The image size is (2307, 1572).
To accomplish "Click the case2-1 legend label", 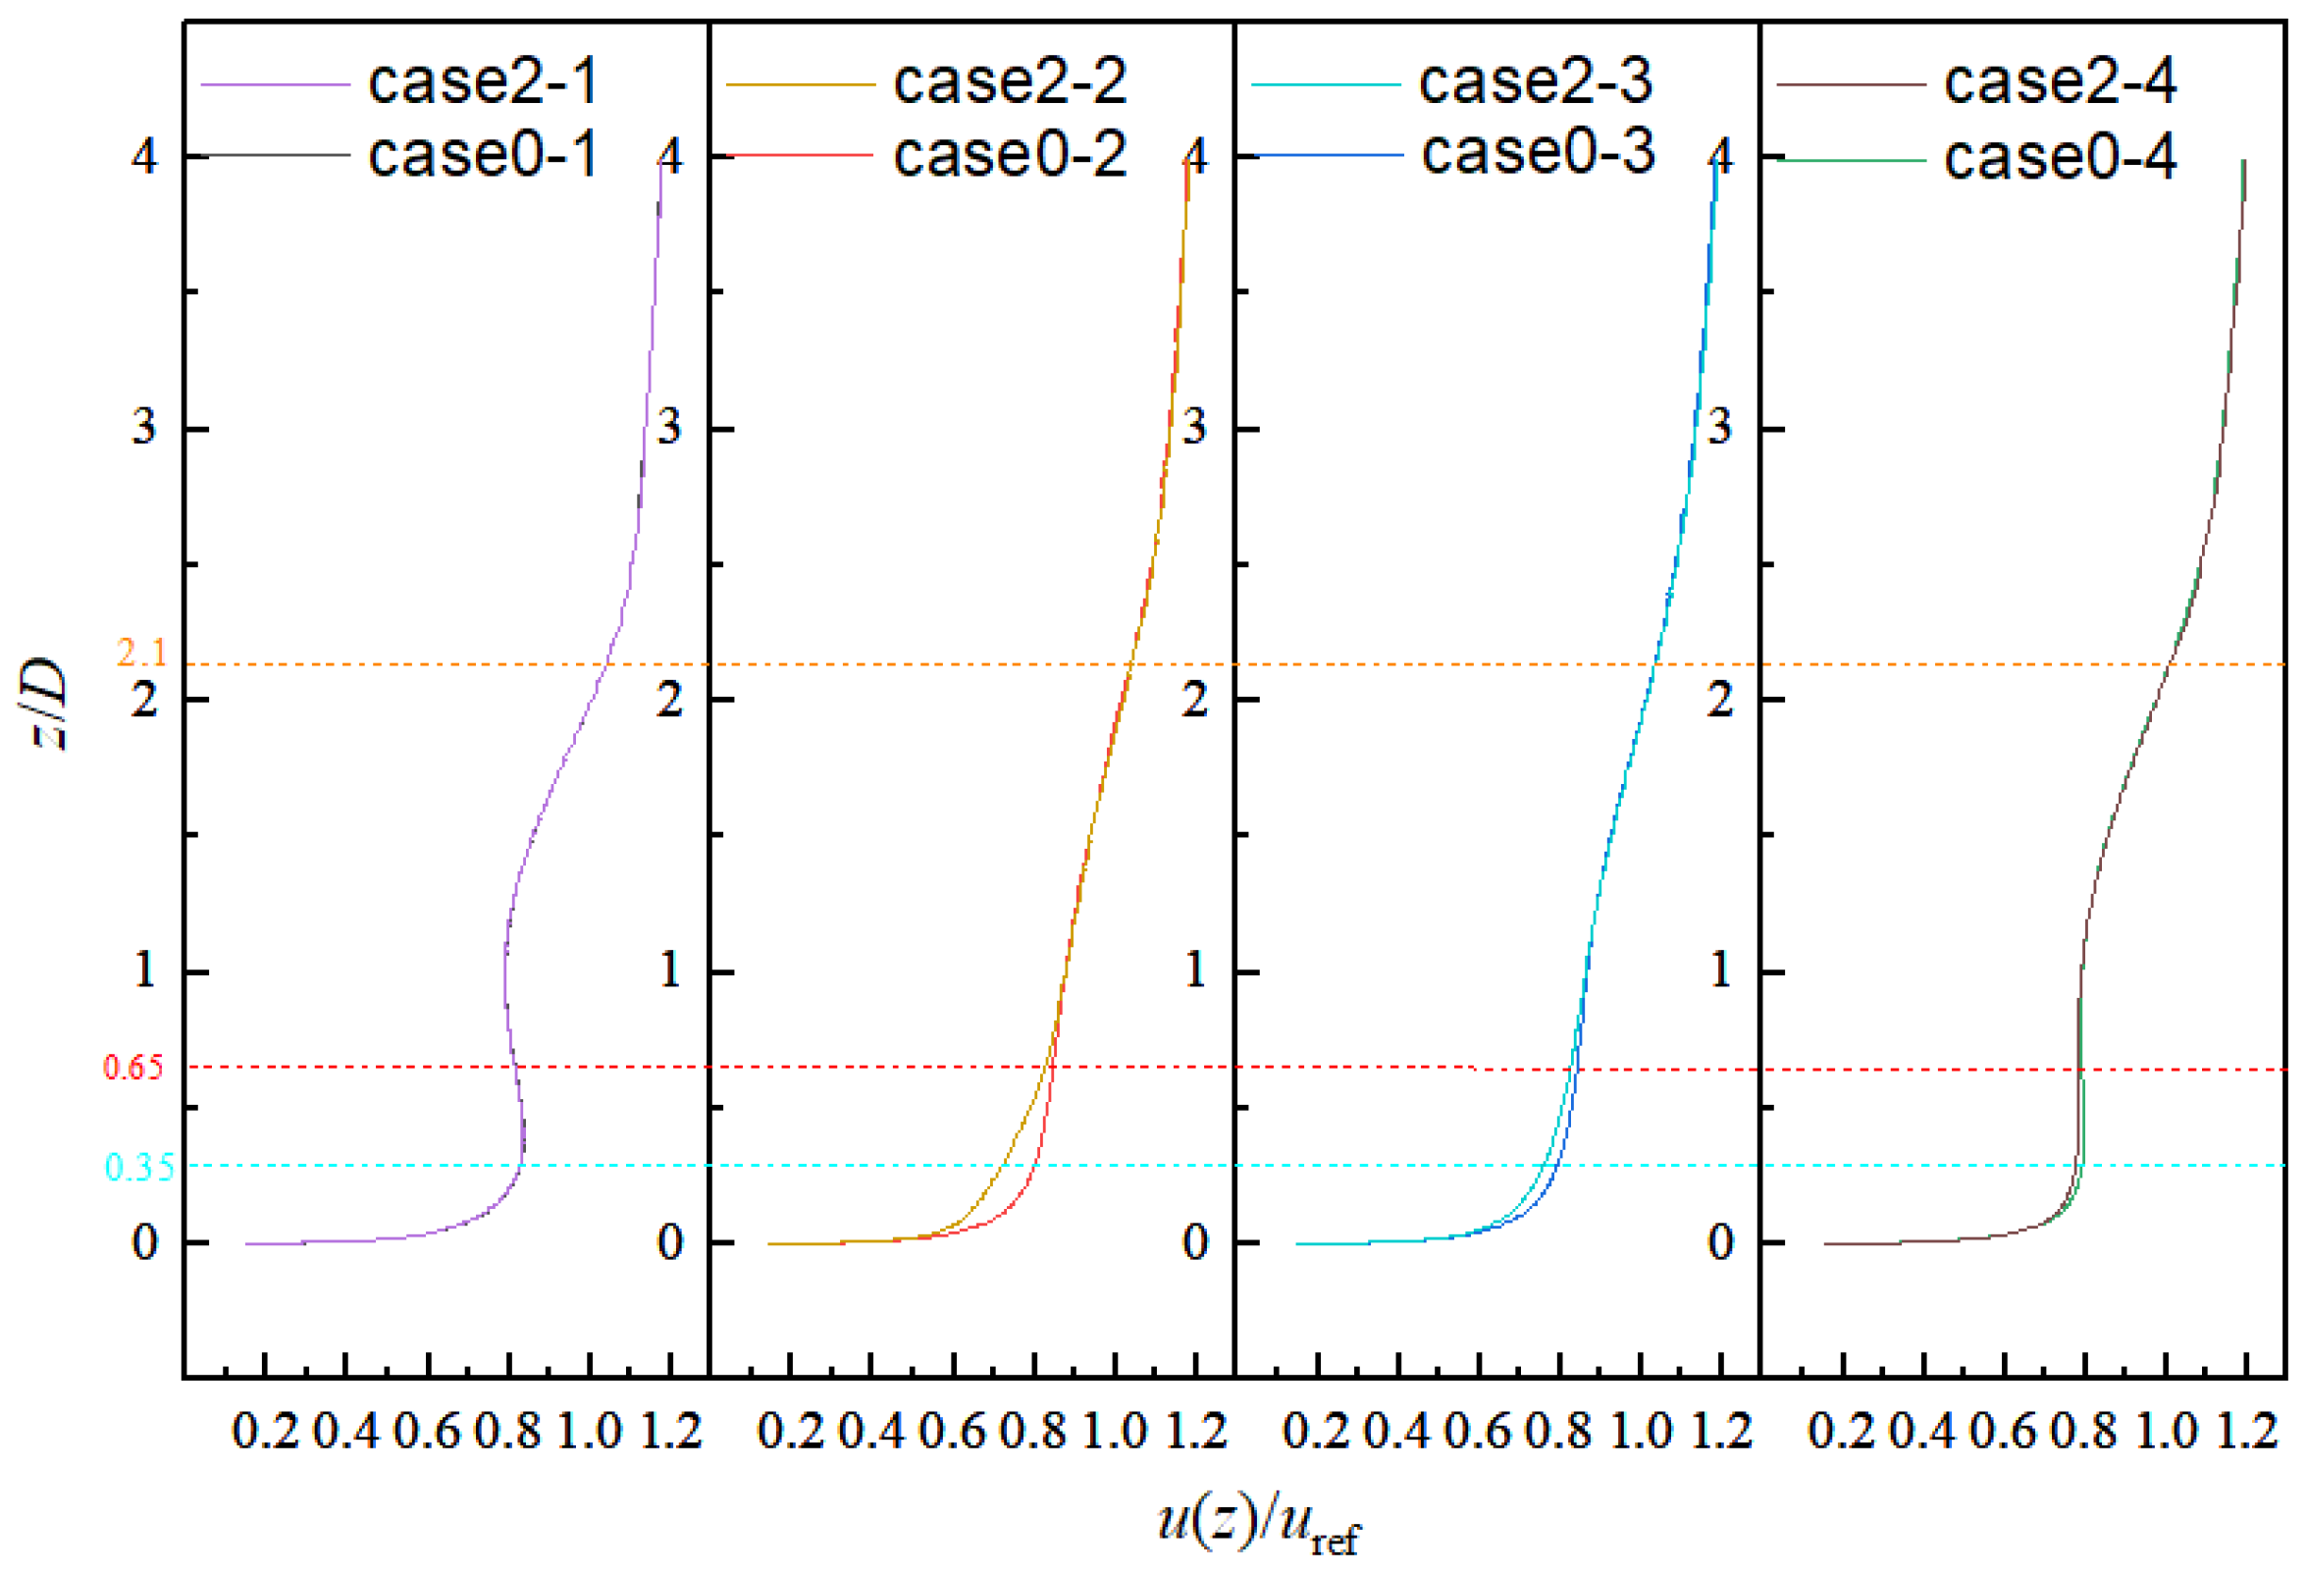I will tap(483, 81).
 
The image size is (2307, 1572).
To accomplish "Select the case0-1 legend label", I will tap(483, 155).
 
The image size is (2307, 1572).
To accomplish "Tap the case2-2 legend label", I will tap(1010, 81).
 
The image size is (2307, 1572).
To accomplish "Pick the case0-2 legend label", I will tap(1010, 155).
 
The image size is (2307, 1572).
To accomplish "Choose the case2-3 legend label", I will tap(1535, 81).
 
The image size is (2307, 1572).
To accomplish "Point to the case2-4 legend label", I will tap(2060, 81).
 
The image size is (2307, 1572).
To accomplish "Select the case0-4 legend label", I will tap(2060, 158).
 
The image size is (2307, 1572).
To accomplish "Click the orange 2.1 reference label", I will tap(141, 652).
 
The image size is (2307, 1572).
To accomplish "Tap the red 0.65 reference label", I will tap(133, 1068).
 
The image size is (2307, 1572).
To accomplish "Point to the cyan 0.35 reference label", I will tap(139, 1167).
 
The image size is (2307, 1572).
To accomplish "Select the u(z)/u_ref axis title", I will tap(1259, 1522).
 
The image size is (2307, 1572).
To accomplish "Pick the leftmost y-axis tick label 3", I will tap(145, 428).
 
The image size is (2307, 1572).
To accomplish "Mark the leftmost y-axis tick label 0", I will tap(145, 1242).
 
